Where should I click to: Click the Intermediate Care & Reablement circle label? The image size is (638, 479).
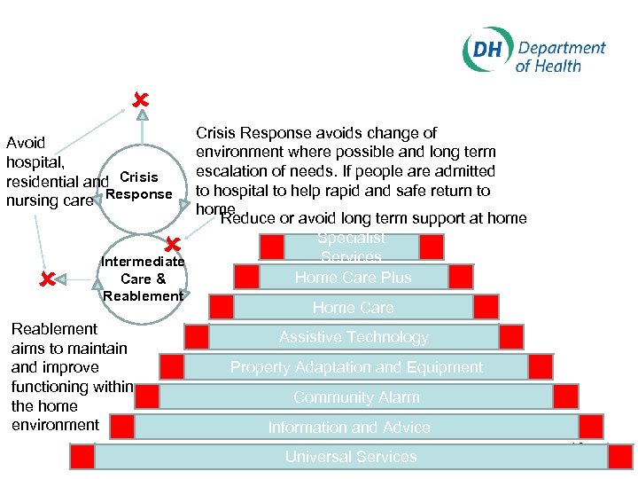[x=143, y=279]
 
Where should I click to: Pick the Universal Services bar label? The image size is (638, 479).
[x=351, y=457]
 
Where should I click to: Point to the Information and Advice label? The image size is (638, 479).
[x=349, y=428]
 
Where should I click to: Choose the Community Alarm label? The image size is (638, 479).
[x=356, y=397]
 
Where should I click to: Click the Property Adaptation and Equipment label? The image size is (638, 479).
[x=356, y=367]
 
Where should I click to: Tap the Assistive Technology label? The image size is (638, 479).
[x=354, y=337]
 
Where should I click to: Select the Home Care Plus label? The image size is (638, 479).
[x=353, y=277]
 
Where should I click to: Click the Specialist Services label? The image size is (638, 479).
[x=351, y=247]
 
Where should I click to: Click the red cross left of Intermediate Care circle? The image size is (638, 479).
[x=50, y=279]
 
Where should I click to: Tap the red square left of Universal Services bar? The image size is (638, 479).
[x=82, y=457]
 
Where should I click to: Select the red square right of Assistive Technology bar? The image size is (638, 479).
[x=511, y=337]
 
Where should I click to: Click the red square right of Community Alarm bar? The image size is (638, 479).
[x=565, y=397]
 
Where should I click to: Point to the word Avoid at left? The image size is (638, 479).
[x=26, y=143]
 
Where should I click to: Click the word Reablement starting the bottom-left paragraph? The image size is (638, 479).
[x=54, y=329]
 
